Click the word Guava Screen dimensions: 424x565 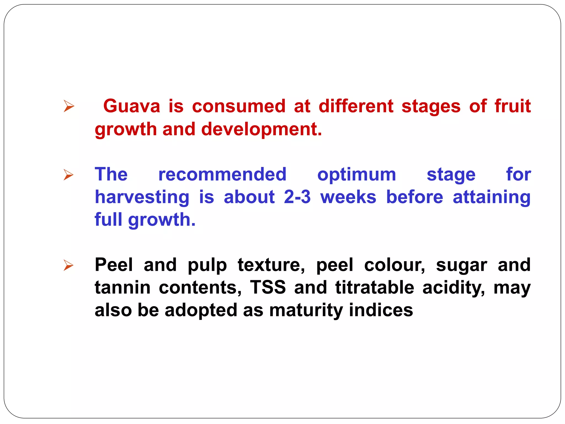(132, 106)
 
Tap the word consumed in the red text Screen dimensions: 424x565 (239, 106)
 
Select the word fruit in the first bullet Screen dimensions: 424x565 (513, 106)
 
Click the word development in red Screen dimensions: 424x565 (261, 129)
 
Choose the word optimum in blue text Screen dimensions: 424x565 (356, 175)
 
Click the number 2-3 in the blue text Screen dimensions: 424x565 (297, 197)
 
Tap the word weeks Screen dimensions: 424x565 (348, 197)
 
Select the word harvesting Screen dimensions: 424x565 (142, 198)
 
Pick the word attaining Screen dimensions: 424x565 (492, 198)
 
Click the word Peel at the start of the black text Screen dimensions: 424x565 (114, 265)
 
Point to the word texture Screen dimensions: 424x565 (271, 265)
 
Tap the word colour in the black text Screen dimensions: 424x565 (395, 265)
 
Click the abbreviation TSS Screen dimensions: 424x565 (268, 287)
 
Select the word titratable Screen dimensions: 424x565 (375, 287)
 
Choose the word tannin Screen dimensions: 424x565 (122, 287)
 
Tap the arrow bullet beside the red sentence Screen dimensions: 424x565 (69, 106)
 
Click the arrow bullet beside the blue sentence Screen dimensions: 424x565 (69, 175)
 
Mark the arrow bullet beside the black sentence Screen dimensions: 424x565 (69, 265)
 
